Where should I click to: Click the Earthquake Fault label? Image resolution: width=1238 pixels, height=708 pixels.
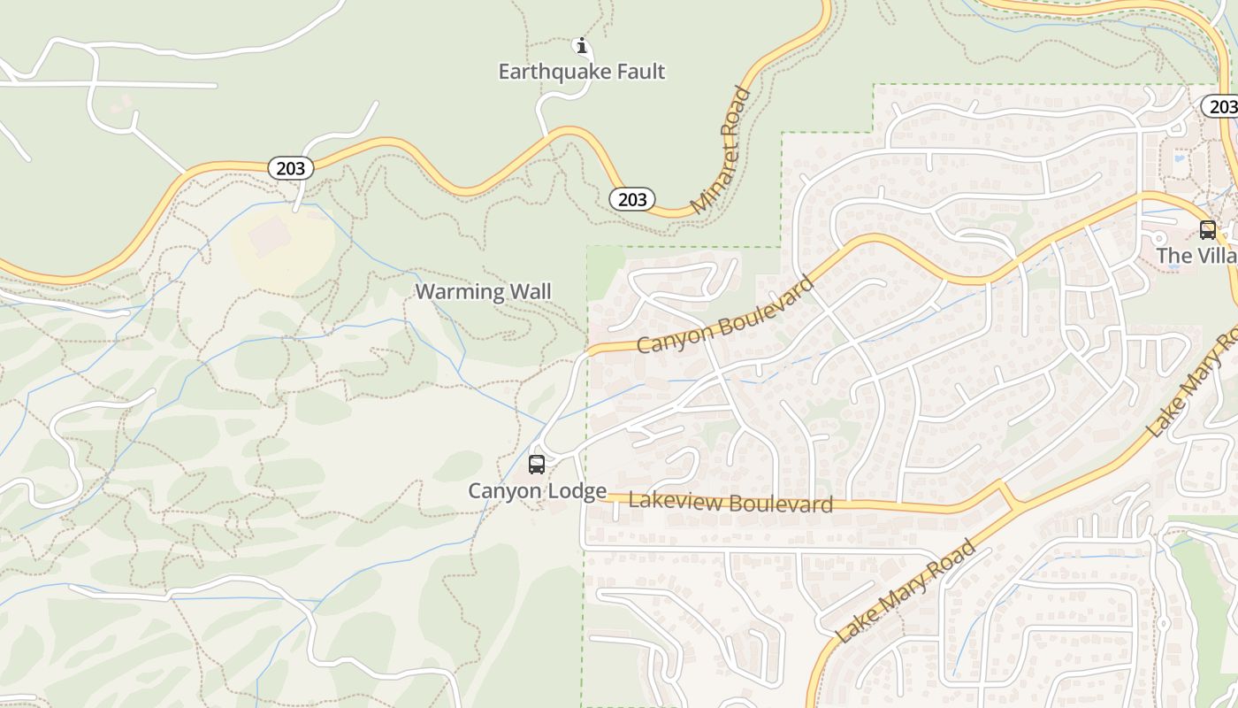[581, 72]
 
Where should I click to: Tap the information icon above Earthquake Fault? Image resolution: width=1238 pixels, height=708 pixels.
[581, 46]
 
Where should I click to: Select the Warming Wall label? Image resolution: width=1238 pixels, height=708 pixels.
[483, 291]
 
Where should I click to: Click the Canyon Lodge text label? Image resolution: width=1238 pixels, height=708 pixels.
[537, 490]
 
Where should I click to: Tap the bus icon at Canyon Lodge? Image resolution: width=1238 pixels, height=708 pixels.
[537, 465]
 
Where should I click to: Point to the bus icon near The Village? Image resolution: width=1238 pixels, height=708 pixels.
[1207, 230]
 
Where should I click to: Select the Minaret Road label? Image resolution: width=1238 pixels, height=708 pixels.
[721, 149]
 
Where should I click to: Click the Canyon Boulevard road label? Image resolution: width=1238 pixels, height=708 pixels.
[725, 316]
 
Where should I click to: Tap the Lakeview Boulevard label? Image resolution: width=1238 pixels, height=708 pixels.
[730, 503]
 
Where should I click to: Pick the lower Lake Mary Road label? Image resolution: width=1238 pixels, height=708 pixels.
[906, 589]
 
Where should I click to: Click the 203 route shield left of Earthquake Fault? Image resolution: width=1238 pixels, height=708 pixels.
[290, 168]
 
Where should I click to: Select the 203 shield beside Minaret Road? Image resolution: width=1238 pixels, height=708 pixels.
[632, 199]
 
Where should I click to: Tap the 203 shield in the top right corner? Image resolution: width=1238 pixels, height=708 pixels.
[1220, 107]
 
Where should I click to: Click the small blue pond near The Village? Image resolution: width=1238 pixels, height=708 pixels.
[1181, 162]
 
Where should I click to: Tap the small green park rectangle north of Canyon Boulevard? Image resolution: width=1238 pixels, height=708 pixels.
[606, 271]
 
